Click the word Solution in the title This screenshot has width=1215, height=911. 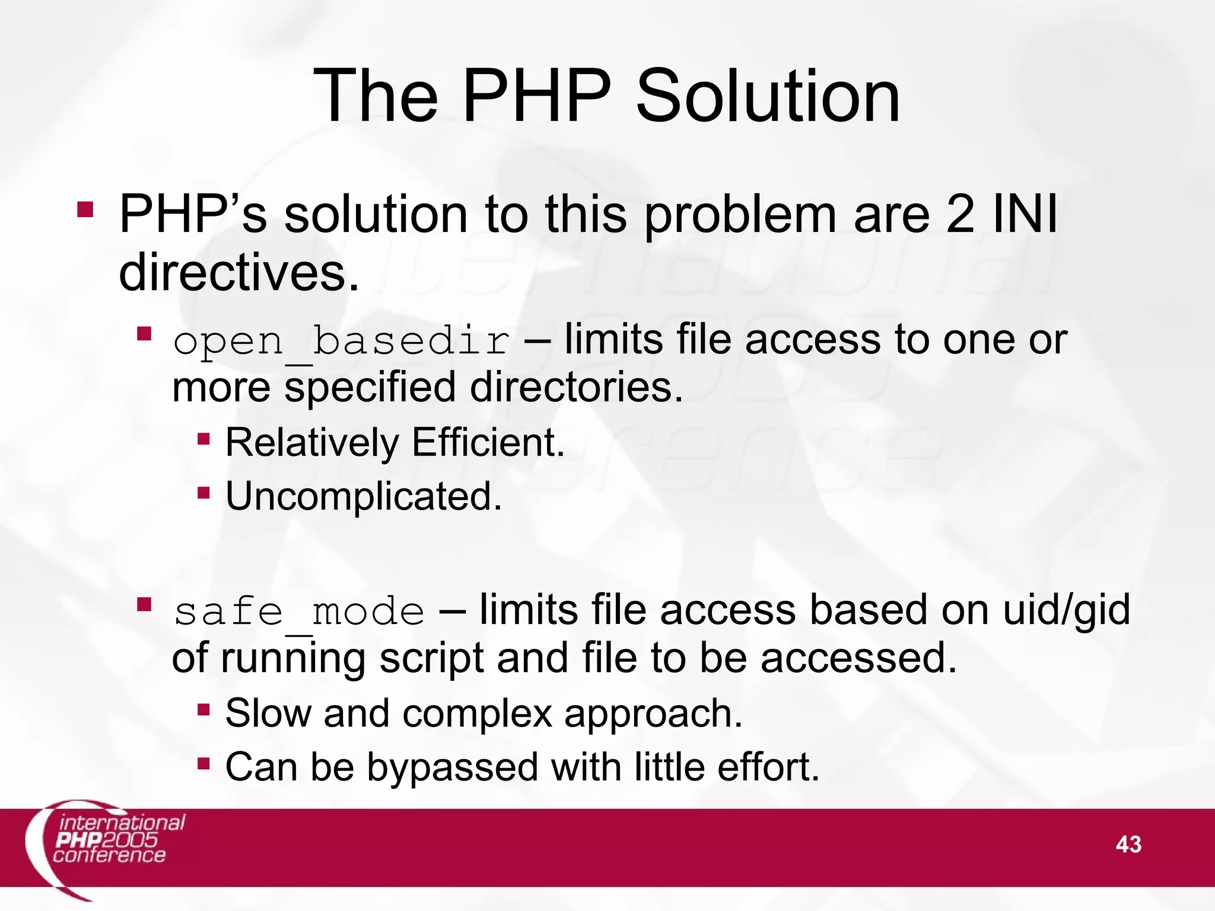click(x=768, y=96)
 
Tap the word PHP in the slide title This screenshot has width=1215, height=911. click(x=536, y=96)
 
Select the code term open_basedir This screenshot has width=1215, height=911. click(x=341, y=342)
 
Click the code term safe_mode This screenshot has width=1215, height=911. click(x=299, y=612)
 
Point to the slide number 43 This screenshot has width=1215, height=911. click(x=1128, y=844)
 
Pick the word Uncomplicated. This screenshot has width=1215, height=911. click(x=364, y=496)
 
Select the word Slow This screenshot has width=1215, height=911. click(x=268, y=713)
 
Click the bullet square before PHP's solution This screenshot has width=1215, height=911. click(x=85, y=210)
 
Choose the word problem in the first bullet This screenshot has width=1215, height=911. click(x=741, y=215)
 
